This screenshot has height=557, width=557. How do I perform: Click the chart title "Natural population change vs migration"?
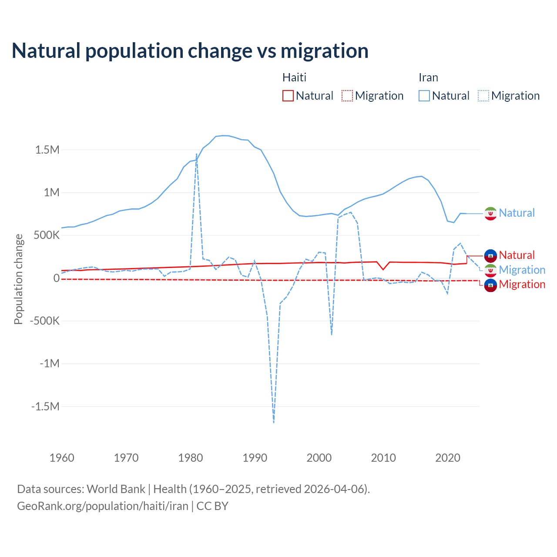(x=190, y=51)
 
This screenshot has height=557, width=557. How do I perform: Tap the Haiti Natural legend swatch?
(x=288, y=96)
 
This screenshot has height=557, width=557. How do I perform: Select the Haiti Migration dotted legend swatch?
(x=347, y=96)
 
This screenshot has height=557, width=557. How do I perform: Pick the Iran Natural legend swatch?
(x=424, y=96)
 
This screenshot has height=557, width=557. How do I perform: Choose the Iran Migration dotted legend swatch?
(x=483, y=96)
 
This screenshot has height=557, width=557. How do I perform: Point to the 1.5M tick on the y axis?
(x=47, y=150)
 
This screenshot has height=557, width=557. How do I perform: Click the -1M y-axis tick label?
(x=49, y=363)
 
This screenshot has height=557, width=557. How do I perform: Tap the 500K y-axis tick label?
(x=44, y=235)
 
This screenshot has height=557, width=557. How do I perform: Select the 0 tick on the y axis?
(x=56, y=278)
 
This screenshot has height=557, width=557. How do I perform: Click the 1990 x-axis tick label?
(x=255, y=458)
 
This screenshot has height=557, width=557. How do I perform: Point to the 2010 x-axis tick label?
(x=383, y=458)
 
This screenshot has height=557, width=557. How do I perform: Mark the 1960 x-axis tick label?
(x=62, y=458)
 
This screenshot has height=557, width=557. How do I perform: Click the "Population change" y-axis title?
(x=18, y=279)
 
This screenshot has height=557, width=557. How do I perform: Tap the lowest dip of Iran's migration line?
(x=274, y=422)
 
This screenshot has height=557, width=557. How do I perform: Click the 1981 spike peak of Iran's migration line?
(x=197, y=154)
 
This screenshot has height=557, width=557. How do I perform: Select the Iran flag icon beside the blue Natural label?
(x=490, y=213)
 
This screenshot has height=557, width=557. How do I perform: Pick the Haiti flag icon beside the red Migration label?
(x=490, y=285)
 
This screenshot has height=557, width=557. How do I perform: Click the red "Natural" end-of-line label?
(x=517, y=255)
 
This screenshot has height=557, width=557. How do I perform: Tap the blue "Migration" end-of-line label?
(x=522, y=270)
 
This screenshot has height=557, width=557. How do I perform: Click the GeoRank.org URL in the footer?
(x=103, y=506)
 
